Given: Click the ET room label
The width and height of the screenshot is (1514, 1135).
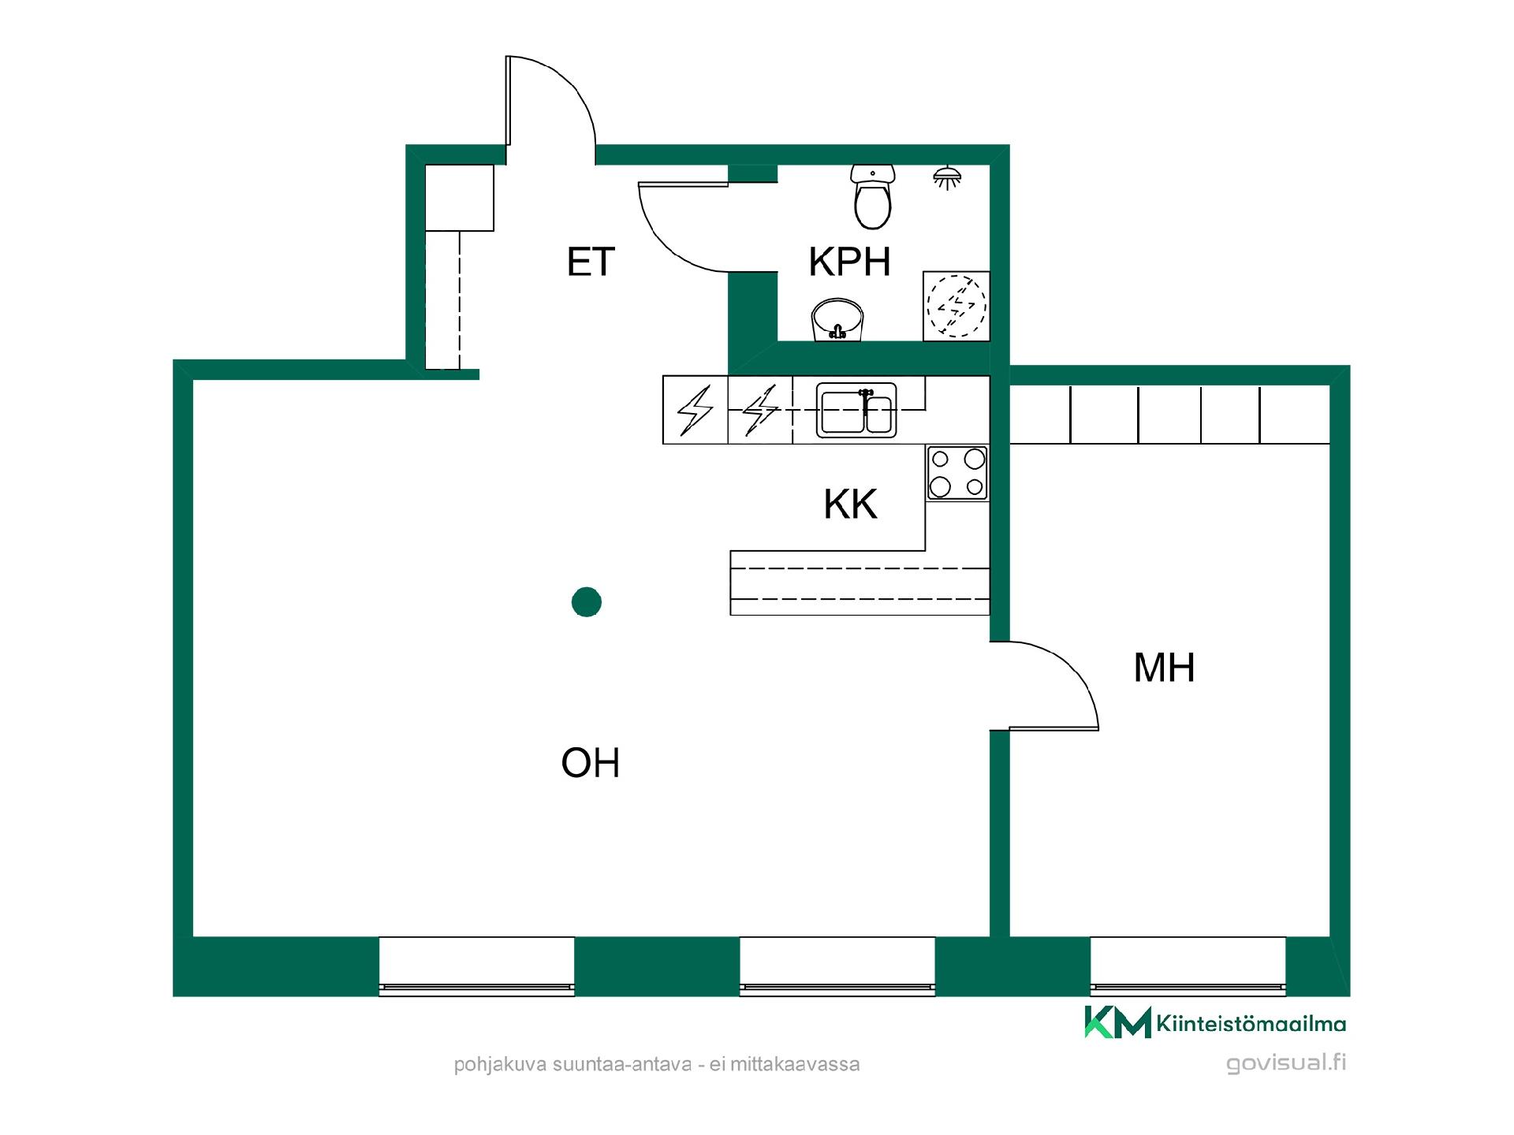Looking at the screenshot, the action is coord(591,262).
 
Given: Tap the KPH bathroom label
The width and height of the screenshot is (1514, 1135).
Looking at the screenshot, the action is coord(849,262).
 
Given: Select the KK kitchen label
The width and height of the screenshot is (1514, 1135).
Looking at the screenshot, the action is coord(850,504).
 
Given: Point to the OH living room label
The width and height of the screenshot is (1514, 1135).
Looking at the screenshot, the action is coord(591,763).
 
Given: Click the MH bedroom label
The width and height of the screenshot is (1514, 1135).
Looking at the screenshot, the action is coord(1164,668).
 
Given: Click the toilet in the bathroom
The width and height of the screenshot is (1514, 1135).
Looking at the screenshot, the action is coord(873,196).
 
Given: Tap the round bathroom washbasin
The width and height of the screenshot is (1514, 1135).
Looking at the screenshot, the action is coord(837,320).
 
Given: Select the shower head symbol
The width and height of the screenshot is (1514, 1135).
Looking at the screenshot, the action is coord(947,178).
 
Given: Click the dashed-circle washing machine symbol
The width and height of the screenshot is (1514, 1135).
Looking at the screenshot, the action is coord(957,307).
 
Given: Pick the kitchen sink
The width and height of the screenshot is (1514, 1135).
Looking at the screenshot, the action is coord(856,410).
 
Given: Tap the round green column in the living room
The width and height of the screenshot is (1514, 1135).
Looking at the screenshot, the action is coord(587,602).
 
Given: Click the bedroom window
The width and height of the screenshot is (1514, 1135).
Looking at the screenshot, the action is coord(1188,966).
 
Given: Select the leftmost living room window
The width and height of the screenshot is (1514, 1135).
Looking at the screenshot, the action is coord(476,966).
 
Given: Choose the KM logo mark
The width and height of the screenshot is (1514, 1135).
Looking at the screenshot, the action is coord(1117,1022).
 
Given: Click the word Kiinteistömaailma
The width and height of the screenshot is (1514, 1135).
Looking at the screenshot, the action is coord(1251,1024).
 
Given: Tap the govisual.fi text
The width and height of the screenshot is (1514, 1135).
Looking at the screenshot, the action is coord(1286,1063).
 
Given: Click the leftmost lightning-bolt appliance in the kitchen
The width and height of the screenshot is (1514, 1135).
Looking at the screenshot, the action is coord(695,410).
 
